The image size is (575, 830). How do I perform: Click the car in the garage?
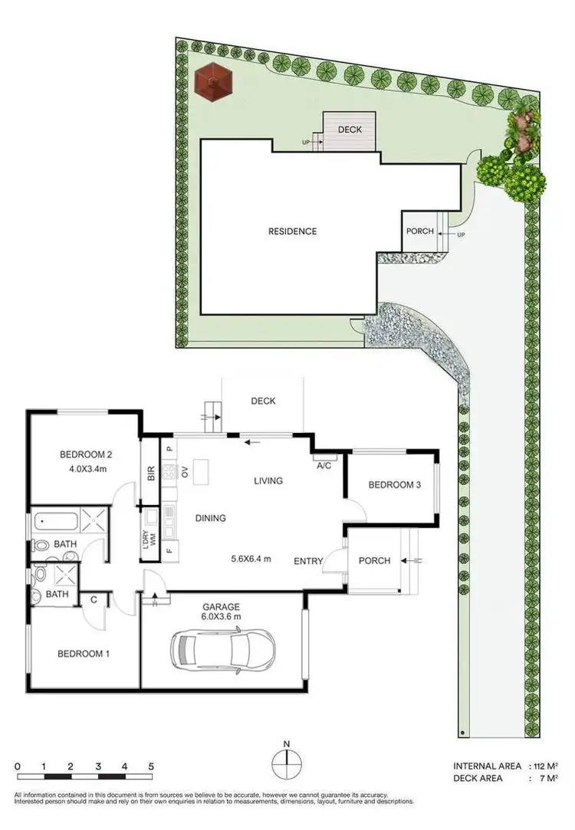click(x=222, y=648)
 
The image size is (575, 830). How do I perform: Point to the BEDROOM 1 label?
click(x=84, y=654)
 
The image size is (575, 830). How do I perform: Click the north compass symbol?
click(x=287, y=764)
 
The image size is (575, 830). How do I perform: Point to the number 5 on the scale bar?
click(x=151, y=766)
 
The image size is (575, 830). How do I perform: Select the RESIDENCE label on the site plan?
click(x=292, y=231)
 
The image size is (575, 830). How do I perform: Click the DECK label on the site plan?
click(x=350, y=130)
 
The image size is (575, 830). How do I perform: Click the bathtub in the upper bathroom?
click(x=57, y=524)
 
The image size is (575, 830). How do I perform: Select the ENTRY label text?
click(x=308, y=562)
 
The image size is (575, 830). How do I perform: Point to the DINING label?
click(x=210, y=518)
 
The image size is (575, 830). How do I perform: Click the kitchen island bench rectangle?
click(x=202, y=471)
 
